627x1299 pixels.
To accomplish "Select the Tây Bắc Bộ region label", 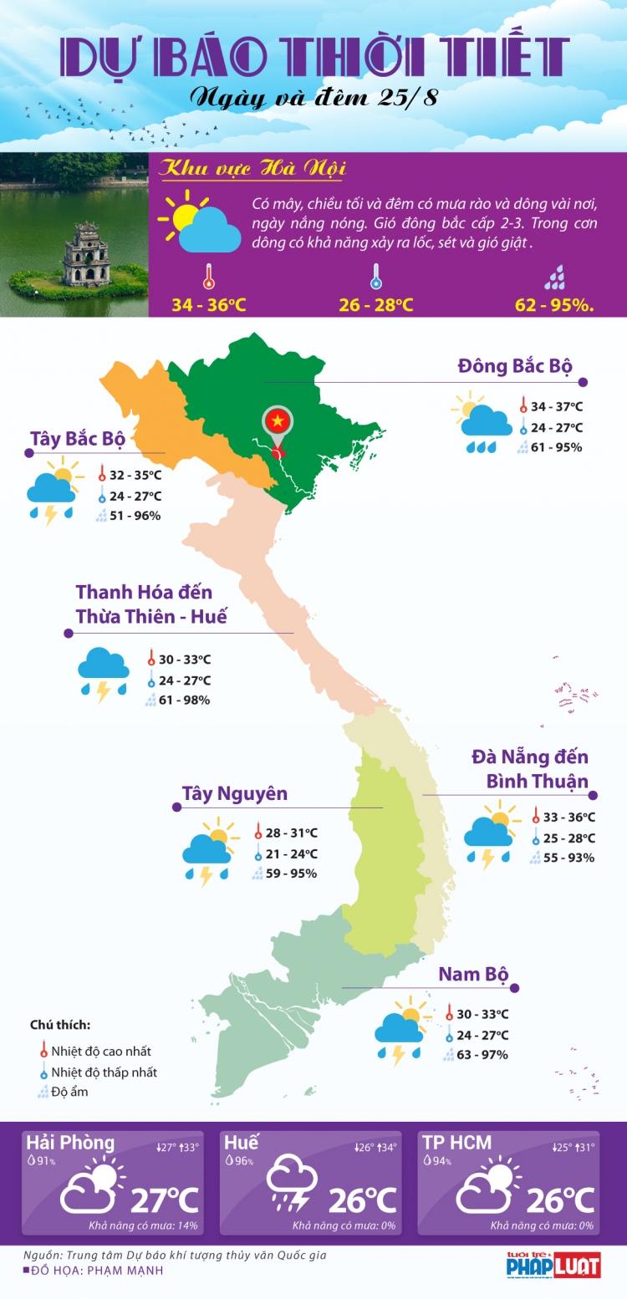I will pos(77,439).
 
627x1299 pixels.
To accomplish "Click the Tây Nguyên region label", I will pos(234,793).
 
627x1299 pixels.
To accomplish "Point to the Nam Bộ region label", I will pos(473,974).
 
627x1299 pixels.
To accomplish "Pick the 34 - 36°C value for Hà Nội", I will pos(209,305).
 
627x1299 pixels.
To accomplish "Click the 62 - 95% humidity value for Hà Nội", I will pos(554,305).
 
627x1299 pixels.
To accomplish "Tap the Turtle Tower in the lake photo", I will pos(81,255).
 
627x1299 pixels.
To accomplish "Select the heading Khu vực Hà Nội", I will pos(252,170).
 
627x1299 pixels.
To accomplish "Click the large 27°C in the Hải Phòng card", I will pos(164,1200).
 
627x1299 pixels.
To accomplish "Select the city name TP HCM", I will pos(456,1143).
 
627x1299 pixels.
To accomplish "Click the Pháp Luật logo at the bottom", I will pos(553,1265).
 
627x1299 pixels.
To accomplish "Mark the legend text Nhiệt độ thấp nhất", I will pos(104,1072).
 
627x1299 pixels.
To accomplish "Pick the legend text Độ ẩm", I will pos(69,1092).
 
